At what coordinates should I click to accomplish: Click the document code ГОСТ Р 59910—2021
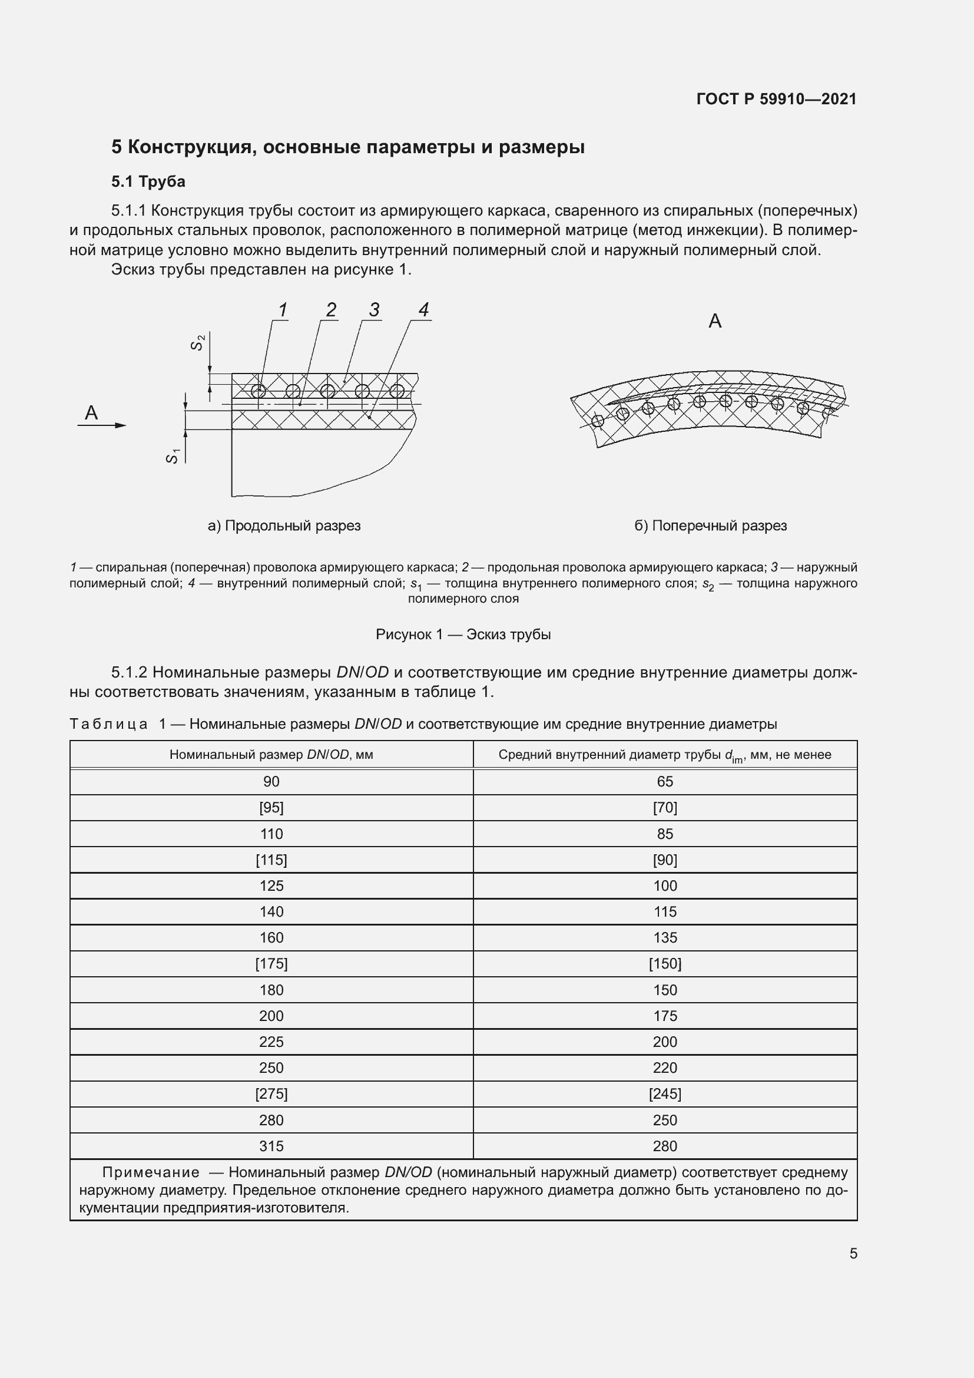click(x=776, y=99)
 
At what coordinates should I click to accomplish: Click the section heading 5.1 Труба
click(x=148, y=181)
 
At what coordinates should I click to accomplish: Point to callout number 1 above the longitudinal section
click(x=283, y=310)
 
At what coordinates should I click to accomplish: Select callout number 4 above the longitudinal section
click(x=423, y=310)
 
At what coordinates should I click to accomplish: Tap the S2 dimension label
click(x=198, y=343)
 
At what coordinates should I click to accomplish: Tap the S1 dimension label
click(x=172, y=456)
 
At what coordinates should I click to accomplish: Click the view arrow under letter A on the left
click(x=102, y=425)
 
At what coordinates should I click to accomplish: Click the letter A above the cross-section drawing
click(x=715, y=322)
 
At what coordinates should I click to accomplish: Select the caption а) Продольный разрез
click(x=284, y=526)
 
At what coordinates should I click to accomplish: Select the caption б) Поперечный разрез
click(x=710, y=526)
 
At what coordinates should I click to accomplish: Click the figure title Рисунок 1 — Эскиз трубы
click(x=463, y=635)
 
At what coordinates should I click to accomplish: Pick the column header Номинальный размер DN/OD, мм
click(x=271, y=755)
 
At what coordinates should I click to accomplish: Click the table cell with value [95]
click(x=271, y=808)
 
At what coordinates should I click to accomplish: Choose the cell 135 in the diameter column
click(x=664, y=937)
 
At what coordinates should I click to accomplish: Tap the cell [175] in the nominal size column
click(x=271, y=964)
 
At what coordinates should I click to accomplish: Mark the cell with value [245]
click(x=664, y=1093)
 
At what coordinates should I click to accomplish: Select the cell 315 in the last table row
click(x=271, y=1146)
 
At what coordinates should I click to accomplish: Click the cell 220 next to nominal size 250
click(x=664, y=1068)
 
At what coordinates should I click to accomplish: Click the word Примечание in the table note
click(x=151, y=1172)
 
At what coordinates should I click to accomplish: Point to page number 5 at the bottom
click(x=853, y=1253)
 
